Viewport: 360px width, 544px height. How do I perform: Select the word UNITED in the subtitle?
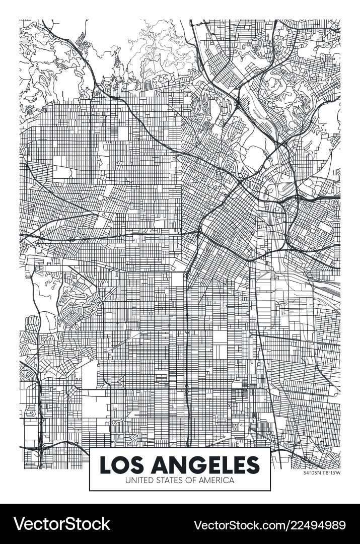[139, 480]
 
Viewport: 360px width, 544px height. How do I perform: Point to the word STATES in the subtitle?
[167, 480]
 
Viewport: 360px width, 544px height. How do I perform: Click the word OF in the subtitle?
[189, 480]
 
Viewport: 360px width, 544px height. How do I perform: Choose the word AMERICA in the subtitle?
[215, 480]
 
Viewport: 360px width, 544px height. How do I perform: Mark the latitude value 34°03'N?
[312, 472]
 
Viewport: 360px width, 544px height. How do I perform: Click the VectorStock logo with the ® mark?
[61, 524]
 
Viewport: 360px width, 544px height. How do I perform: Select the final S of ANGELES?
[252, 463]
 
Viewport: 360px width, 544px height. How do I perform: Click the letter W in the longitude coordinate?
[338, 472]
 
